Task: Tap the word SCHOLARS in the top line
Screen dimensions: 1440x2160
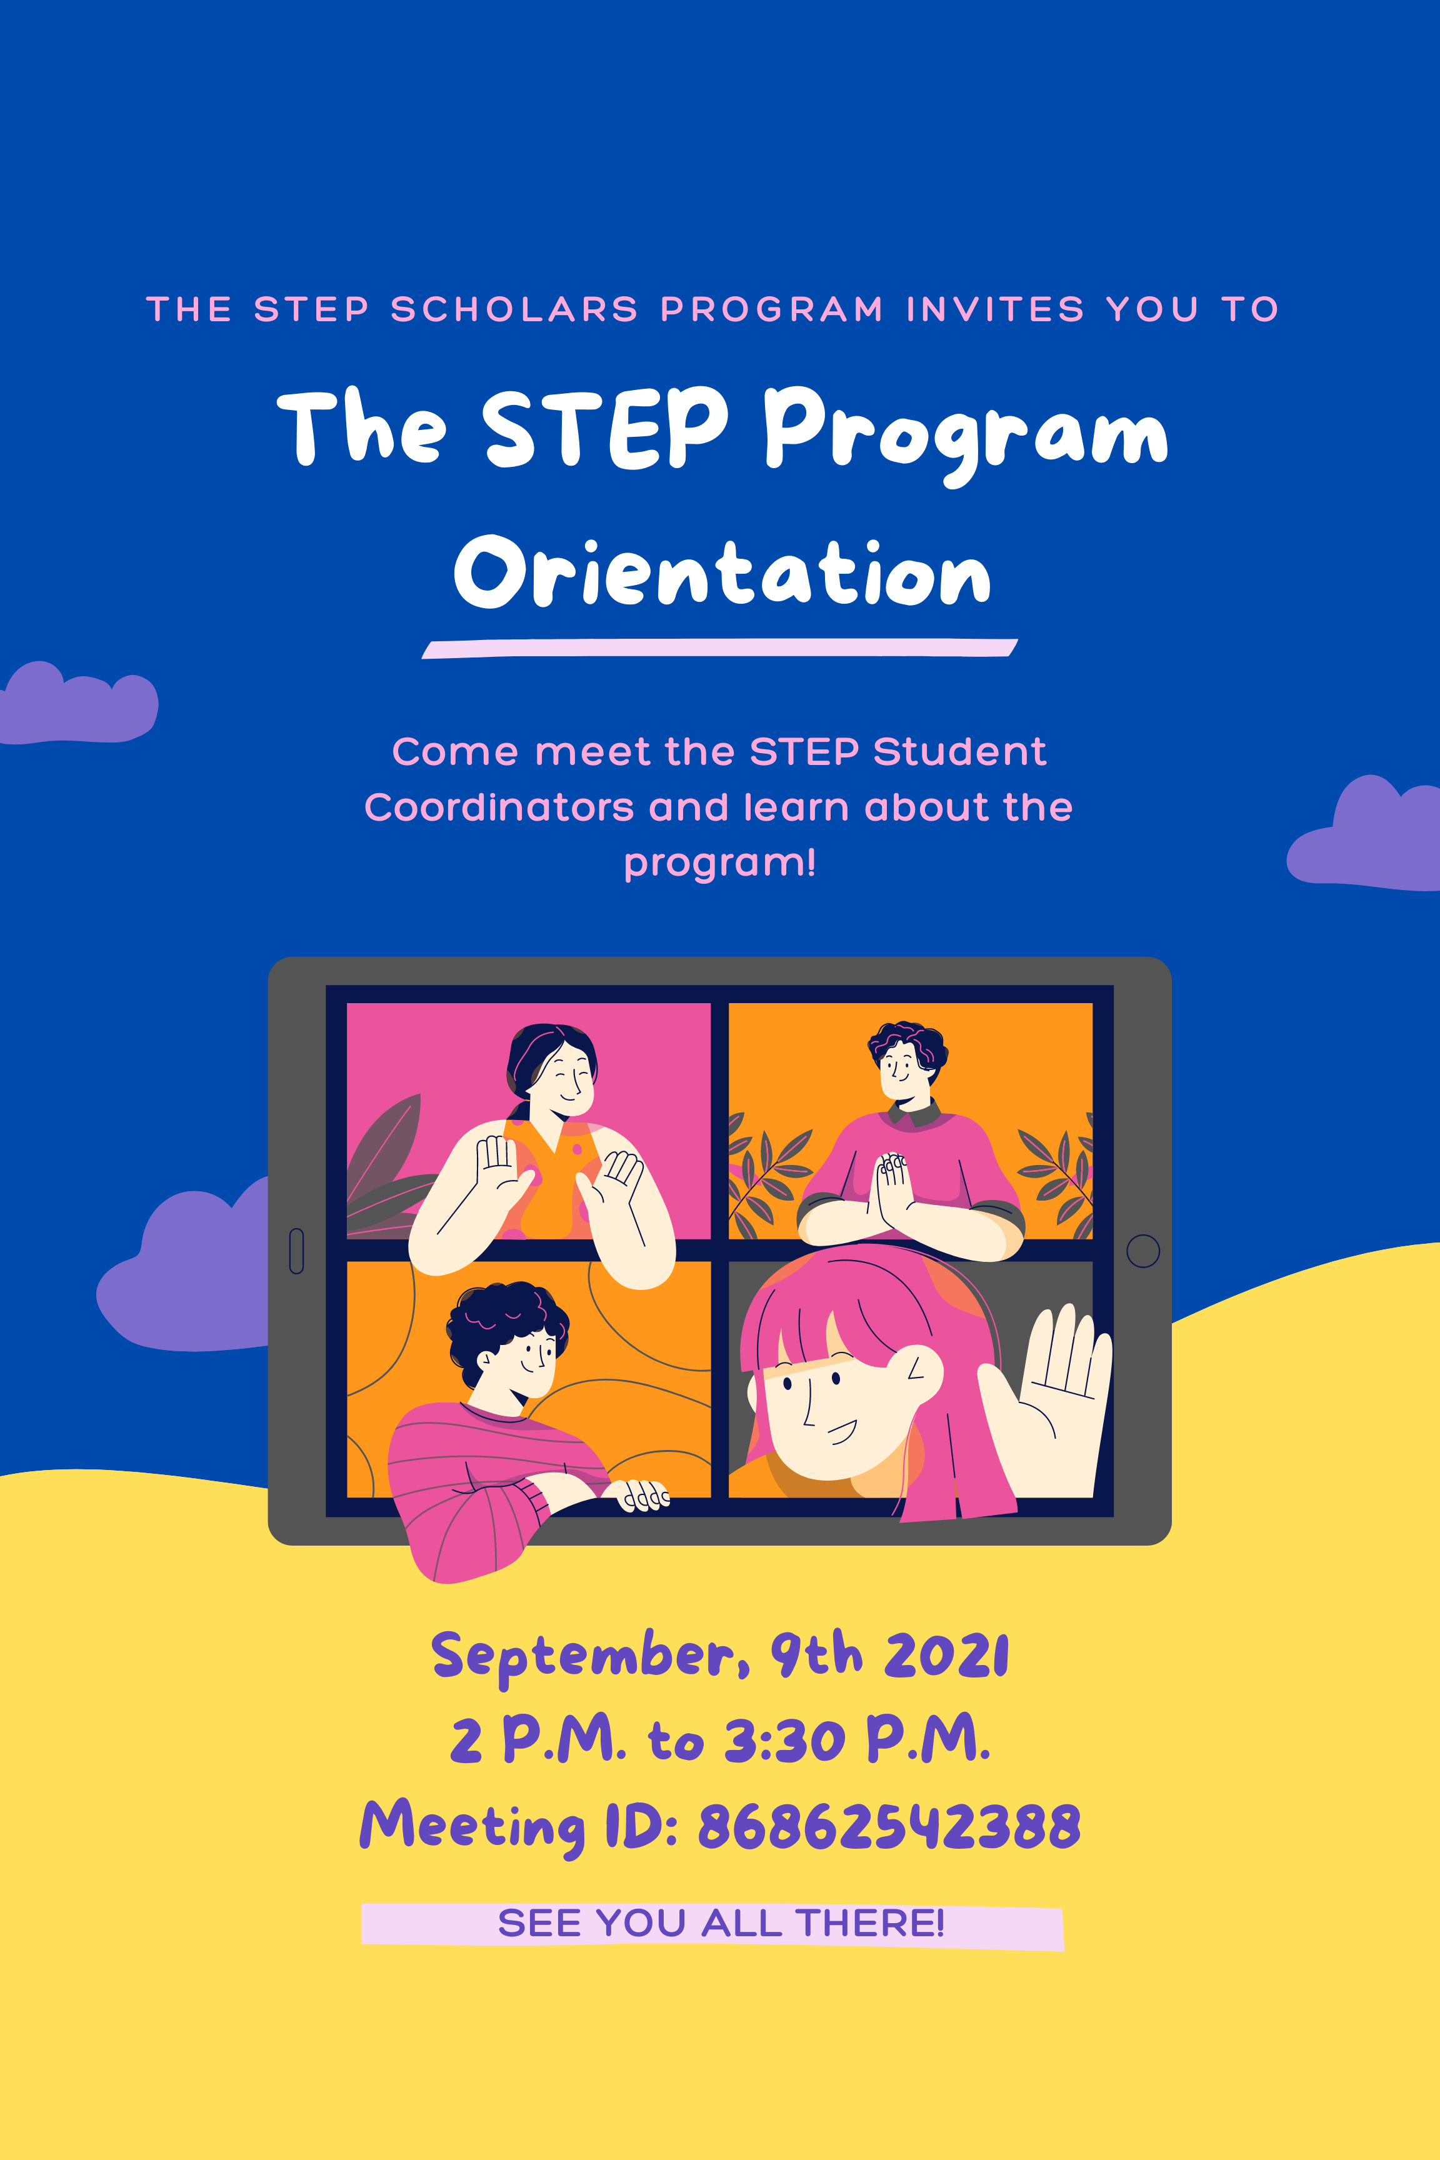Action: pos(514,309)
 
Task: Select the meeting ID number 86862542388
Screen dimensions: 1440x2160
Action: pos(889,1826)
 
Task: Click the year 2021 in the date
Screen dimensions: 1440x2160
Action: pos(946,1656)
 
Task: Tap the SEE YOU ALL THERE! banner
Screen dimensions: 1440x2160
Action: pos(712,1923)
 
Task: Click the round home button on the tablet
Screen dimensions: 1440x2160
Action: pos(1142,1251)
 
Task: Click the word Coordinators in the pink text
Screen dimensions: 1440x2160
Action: pos(499,807)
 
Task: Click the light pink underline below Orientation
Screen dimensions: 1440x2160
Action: pos(720,648)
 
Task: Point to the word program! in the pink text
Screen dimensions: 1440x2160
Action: pos(720,863)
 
